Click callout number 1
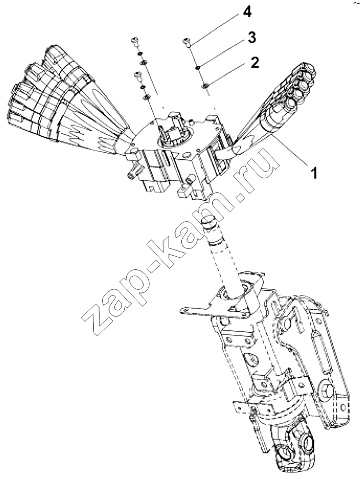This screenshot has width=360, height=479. point(313,172)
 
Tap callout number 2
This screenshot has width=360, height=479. point(255,62)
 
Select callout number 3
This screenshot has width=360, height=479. point(252,38)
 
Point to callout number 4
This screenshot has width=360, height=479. point(247,12)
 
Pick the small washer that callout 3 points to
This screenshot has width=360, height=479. point(198,67)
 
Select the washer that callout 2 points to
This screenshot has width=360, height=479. point(205,86)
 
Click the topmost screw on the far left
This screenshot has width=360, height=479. point(135,41)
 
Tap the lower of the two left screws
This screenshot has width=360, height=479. point(138,76)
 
